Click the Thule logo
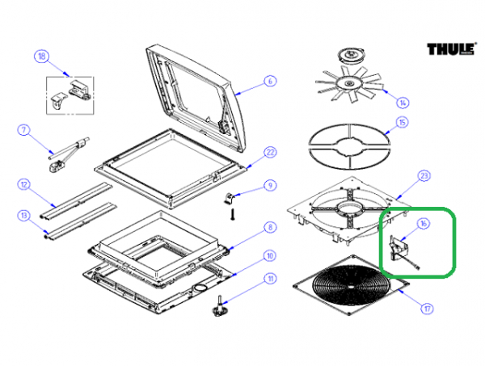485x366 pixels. [x=450, y=49]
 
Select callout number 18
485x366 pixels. [x=41, y=57]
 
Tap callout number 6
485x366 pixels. [x=270, y=81]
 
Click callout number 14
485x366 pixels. [x=402, y=102]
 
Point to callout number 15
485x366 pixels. [x=402, y=124]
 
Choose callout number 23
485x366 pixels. [x=423, y=175]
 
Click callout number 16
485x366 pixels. [x=423, y=223]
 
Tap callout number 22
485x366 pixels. [x=271, y=152]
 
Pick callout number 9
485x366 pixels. [x=270, y=185]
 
